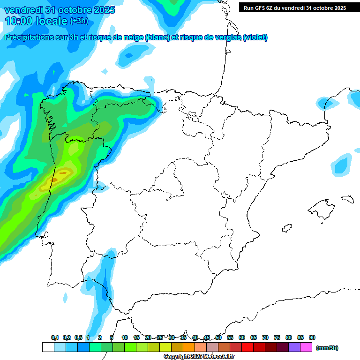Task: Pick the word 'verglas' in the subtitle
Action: (x=228, y=37)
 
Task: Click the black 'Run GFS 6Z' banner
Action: (x=294, y=7)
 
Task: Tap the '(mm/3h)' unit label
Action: (x=327, y=348)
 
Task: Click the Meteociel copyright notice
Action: (x=199, y=357)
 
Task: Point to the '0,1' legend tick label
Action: (x=55, y=337)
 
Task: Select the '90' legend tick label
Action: (x=312, y=337)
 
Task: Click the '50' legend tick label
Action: (x=218, y=337)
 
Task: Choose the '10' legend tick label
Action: (x=125, y=337)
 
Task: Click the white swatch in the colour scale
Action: (x=48, y=347)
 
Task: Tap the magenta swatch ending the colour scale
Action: (x=306, y=347)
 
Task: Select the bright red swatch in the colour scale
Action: (x=247, y=347)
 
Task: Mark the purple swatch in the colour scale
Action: (x=294, y=347)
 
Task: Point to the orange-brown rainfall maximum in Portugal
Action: (x=54, y=180)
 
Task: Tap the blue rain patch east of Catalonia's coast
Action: (x=341, y=164)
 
